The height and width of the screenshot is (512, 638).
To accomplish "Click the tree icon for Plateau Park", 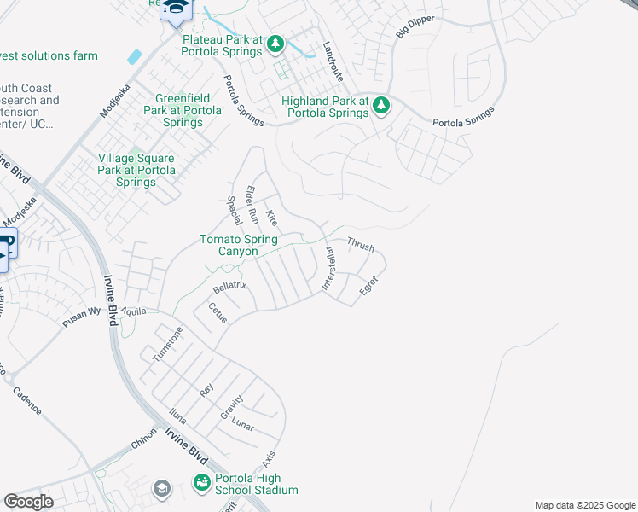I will coord(275,43).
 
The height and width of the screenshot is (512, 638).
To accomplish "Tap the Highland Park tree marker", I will coord(381,106).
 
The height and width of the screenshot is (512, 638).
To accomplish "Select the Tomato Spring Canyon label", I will coord(239,246).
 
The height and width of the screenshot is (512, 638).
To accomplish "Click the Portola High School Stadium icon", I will coord(201,484).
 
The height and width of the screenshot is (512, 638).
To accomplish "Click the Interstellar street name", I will coord(329,270).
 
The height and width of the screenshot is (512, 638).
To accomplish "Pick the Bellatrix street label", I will coord(229,284).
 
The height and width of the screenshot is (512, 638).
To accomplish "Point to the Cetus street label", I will coord(217,312).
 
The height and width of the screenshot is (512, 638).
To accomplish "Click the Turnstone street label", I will coord(167,345).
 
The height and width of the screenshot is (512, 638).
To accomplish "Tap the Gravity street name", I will coord(232,405).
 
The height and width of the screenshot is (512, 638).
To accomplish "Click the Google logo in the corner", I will coord(28,502).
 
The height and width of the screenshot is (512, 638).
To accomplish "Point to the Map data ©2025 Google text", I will coord(584,505).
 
